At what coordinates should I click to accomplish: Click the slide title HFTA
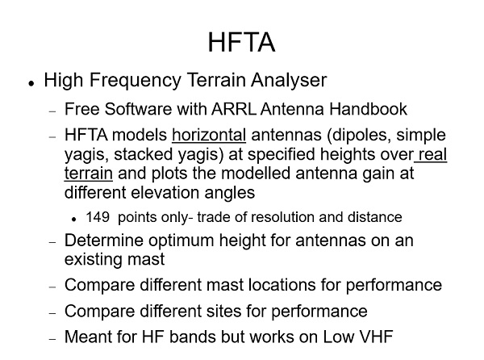241,42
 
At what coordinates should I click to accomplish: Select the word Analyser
289,80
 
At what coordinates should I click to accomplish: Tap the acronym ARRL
234,109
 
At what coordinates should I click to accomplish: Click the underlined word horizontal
209,136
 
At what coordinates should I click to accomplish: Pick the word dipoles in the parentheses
360,136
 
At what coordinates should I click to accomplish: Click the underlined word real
432,154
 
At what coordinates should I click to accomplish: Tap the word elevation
165,193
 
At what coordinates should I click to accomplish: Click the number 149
98,217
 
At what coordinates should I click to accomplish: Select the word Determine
104,241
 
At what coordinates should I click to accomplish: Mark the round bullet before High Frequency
31,83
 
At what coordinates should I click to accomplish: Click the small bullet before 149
73,220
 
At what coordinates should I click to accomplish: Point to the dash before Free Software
52,111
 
